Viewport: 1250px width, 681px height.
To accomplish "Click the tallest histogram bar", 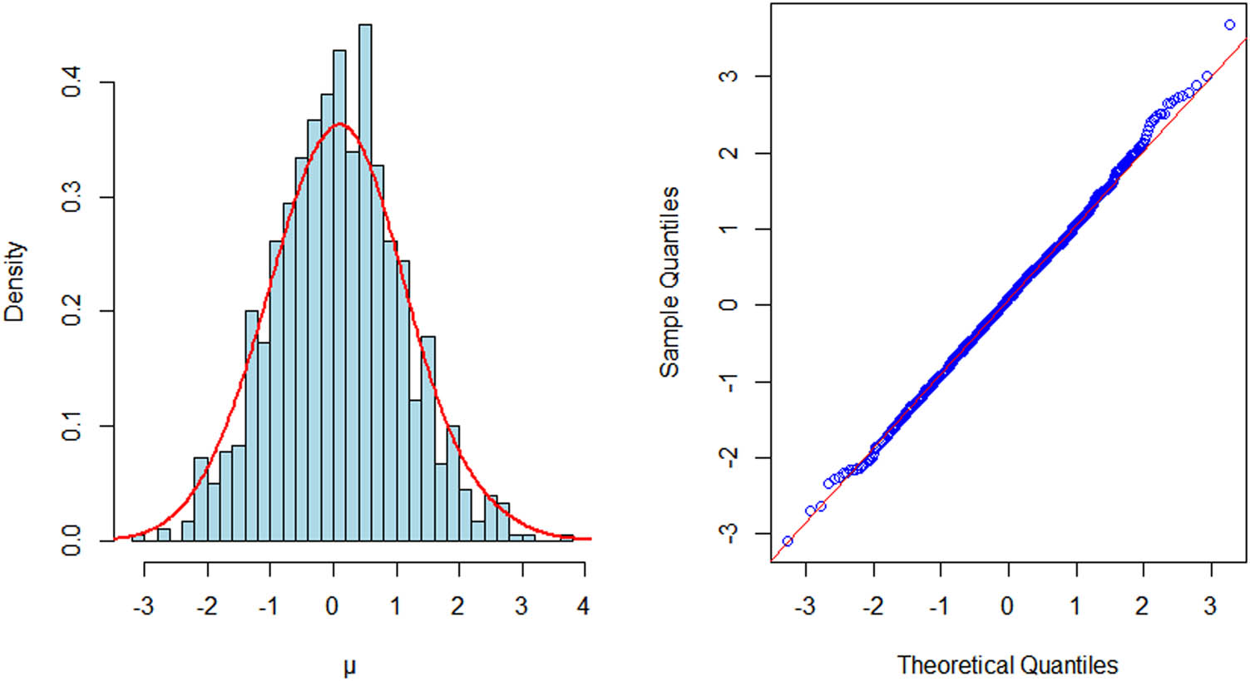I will pyautogui.click(x=364, y=283).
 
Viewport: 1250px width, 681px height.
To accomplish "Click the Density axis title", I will pyautogui.click(x=14, y=281).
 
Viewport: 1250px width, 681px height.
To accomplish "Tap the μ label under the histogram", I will pyautogui.click(x=349, y=666).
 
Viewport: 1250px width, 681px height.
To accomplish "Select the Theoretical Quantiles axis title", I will pyautogui.click(x=1007, y=665).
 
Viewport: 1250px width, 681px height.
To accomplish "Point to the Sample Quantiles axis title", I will pyautogui.click(x=669, y=281).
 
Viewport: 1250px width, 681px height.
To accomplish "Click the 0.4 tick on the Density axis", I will pyautogui.click(x=72, y=82).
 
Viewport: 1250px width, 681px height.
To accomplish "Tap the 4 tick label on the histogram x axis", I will pyautogui.click(x=584, y=605).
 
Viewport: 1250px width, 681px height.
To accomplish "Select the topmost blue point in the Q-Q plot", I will pyautogui.click(x=1229, y=25).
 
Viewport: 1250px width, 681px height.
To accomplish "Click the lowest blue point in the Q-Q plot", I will pyautogui.click(x=788, y=541).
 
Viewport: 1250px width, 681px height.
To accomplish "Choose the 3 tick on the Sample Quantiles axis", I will pyautogui.click(x=729, y=76).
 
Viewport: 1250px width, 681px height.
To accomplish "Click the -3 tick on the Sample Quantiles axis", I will pyautogui.click(x=729, y=533).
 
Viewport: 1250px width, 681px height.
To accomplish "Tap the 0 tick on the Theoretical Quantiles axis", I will pyautogui.click(x=1007, y=605).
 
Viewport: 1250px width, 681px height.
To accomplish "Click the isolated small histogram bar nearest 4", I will pyautogui.click(x=566, y=538).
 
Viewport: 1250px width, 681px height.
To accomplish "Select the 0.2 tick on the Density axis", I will pyautogui.click(x=72, y=311).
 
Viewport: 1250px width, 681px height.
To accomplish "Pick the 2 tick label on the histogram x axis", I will pyautogui.click(x=457, y=605).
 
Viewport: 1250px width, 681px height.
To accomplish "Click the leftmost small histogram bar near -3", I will pyautogui.click(x=138, y=537).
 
